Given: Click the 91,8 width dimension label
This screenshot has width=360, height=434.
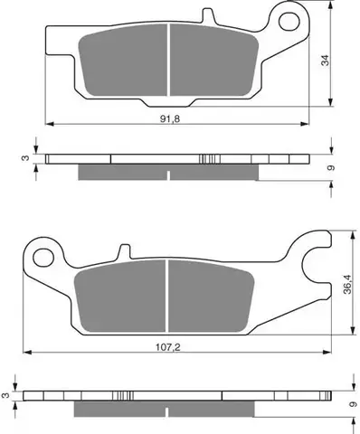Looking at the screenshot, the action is point(170,119).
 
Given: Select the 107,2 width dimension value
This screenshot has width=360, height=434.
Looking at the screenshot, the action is point(168,347).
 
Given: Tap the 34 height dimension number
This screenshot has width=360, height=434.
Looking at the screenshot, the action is point(325,61).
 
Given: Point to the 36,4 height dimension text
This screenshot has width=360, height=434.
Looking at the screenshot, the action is point(347,285).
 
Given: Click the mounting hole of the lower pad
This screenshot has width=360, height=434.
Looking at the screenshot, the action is point(43,258).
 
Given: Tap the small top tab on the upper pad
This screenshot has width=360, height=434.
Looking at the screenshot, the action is point(207,15).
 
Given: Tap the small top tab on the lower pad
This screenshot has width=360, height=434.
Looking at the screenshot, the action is point(125,251).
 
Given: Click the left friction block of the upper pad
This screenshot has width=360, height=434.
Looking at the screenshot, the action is point(123,61).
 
